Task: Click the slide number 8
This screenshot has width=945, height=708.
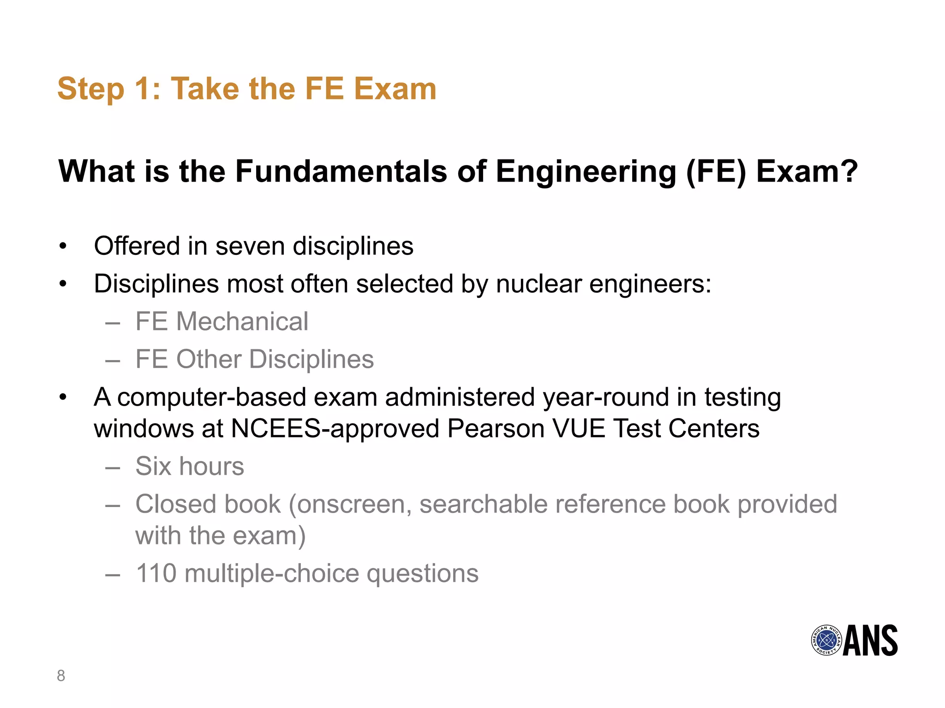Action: click(x=61, y=676)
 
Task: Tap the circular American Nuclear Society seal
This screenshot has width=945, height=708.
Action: click(x=826, y=640)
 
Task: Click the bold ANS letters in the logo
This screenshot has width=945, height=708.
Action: click(x=870, y=640)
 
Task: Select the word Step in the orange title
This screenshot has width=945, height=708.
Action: click(x=91, y=89)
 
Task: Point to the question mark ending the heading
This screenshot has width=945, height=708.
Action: click(x=849, y=171)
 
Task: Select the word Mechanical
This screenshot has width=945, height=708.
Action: click(x=242, y=321)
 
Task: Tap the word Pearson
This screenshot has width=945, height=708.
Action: click(x=496, y=429)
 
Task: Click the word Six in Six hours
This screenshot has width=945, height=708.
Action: click(x=154, y=466)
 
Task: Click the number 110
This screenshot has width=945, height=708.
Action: click(x=156, y=574)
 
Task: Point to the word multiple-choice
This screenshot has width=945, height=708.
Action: click(x=272, y=574)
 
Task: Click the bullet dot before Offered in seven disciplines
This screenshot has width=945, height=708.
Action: click(x=63, y=247)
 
